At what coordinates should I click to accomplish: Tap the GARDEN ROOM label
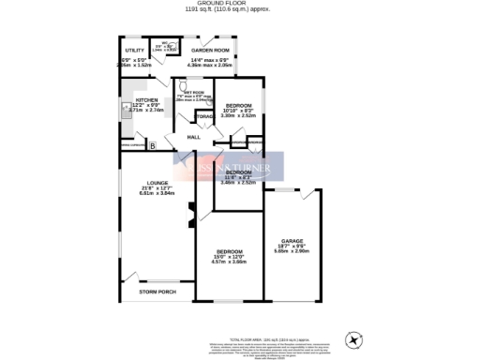pos(210,49)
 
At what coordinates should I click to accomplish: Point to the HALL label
pos(194,138)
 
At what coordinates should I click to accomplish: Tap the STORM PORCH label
pos(157,292)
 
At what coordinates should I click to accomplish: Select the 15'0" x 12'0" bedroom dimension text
pos(232,260)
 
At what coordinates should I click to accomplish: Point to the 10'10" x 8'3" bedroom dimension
pos(237,112)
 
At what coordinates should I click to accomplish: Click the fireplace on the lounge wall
pos(191,215)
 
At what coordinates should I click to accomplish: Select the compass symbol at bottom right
pos(352,337)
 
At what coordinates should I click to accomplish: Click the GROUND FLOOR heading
pos(240,3)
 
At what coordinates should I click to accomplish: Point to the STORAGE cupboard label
pos(205,116)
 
